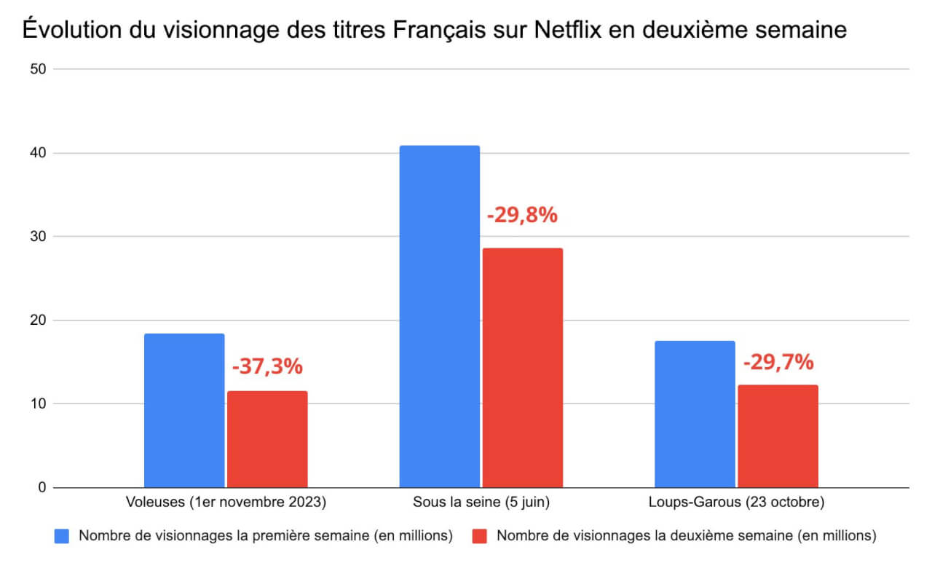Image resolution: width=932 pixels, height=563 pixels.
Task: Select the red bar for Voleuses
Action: click(267, 439)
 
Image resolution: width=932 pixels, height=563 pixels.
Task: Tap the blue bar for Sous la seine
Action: click(439, 316)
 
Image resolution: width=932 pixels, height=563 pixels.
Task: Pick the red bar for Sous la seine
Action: click(522, 368)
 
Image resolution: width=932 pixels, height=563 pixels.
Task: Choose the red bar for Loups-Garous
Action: click(778, 436)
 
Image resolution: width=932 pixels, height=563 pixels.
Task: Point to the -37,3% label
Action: click(267, 366)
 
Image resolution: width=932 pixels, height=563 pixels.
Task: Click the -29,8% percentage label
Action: click(521, 216)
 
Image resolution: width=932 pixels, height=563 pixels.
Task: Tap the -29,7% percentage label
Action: click(778, 362)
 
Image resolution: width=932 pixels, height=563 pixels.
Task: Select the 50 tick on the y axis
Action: click(38, 69)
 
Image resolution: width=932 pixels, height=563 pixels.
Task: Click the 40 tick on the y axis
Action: click(38, 153)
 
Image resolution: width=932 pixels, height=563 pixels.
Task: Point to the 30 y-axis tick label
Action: click(38, 237)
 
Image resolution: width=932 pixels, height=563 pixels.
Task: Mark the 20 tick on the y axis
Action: click(38, 320)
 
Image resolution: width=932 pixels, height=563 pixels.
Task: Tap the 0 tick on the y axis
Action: click(42, 487)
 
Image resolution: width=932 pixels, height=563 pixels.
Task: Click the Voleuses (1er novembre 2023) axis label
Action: click(226, 503)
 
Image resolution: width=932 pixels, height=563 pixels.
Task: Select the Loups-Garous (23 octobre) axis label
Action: click(736, 503)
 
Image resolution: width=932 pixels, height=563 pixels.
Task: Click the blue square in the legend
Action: click(63, 536)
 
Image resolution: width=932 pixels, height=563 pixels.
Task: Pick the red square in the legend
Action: click(479, 536)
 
